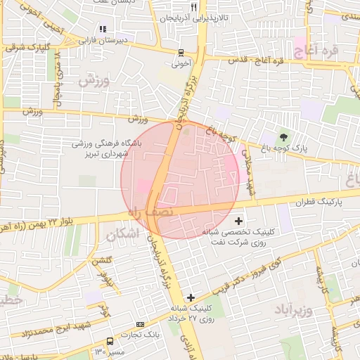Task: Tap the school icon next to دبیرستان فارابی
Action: tap(103, 30)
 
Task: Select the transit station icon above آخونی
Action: tap(181, 53)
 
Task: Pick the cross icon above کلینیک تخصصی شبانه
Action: tap(238, 221)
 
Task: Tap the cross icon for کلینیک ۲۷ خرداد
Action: tap(190, 297)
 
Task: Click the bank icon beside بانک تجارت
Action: tap(140, 324)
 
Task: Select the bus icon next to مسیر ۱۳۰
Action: tap(108, 340)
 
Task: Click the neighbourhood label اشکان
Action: tap(120, 235)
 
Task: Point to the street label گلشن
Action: tap(102, 261)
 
